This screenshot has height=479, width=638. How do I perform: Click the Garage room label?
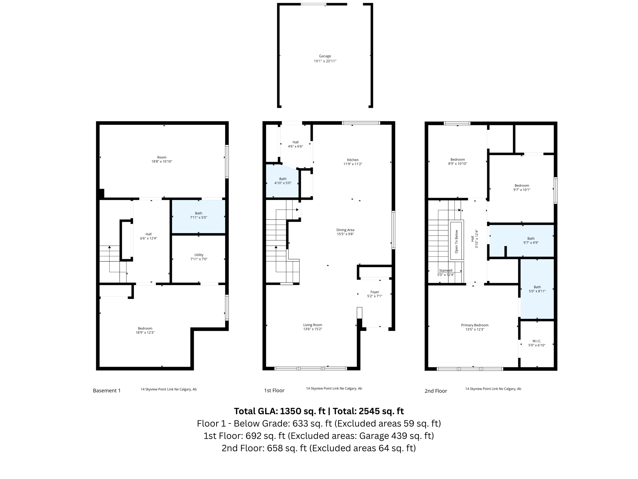tap(325, 56)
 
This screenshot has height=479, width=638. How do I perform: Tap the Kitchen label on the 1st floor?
tap(353, 160)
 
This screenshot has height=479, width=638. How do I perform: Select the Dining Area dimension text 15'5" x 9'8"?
tap(345, 234)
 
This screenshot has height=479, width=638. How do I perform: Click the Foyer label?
tap(374, 292)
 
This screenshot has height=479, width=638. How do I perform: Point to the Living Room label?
tap(312, 325)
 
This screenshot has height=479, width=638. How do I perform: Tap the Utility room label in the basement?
tap(199, 255)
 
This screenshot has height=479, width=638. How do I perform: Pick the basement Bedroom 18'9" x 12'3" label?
tap(145, 328)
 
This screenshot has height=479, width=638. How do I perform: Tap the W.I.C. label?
tap(537, 341)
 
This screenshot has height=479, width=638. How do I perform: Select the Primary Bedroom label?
tap(474, 325)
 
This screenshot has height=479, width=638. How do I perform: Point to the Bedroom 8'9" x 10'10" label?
tap(457, 160)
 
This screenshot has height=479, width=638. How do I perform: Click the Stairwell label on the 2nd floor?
tap(445, 271)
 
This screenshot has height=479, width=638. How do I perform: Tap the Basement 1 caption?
tap(107, 391)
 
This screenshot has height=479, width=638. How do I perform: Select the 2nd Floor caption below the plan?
tap(436, 391)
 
